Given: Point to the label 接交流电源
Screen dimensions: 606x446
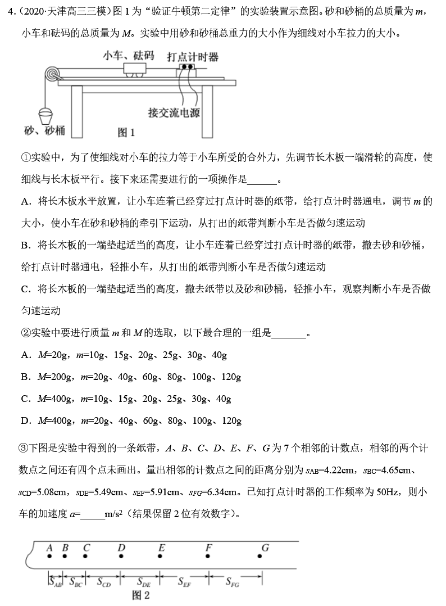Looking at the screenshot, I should (174, 112).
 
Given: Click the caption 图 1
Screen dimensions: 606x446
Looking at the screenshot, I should (126, 133).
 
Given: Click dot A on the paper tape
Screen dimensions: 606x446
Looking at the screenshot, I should (50, 557).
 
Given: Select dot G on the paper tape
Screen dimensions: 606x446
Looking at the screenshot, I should (260, 557).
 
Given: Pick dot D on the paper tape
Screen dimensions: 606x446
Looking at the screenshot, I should (122, 557).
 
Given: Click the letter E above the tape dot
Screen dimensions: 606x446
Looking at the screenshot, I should (162, 547).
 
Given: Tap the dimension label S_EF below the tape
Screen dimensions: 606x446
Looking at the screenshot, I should (184, 582).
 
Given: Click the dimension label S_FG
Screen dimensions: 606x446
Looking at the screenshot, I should (233, 582).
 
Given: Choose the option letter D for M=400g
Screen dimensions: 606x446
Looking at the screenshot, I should (25, 420).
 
